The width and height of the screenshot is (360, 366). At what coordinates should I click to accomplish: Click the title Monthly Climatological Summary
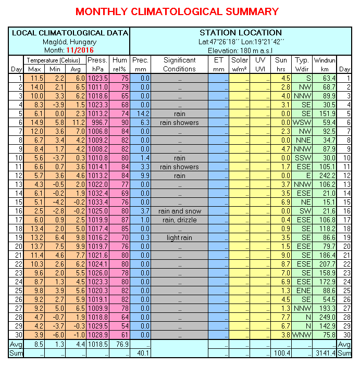[x=177, y=11]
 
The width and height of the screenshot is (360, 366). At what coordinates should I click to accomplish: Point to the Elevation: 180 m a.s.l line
[x=240, y=51]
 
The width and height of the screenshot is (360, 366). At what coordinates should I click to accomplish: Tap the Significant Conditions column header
[x=179, y=65]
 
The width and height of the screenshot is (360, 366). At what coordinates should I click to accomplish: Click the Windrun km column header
[x=325, y=65]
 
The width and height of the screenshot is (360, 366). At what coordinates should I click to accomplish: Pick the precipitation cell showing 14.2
[x=141, y=113]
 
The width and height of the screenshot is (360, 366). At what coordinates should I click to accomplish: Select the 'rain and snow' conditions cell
[x=179, y=211]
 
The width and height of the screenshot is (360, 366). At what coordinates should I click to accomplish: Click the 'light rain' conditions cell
[x=179, y=237]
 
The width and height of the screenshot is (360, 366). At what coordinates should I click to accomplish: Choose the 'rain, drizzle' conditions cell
[x=179, y=220]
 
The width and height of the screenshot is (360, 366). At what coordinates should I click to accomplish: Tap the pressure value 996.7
[x=98, y=122]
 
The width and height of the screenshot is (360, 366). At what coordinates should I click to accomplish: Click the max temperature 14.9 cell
[x=35, y=122]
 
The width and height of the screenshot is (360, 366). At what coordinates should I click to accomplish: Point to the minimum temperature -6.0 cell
[x=55, y=335]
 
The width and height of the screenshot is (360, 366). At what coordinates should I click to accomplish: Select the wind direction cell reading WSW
[x=302, y=122]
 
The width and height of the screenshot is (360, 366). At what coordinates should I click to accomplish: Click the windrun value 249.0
[x=325, y=317]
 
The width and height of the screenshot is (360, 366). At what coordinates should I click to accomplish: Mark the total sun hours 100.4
[x=282, y=354]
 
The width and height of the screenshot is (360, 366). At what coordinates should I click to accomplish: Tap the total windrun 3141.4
[x=324, y=354]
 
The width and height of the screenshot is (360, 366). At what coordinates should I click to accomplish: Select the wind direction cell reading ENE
[x=302, y=291]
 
